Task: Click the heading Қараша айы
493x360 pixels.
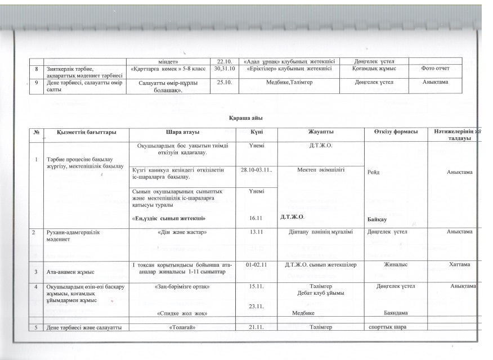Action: point(245,118)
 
